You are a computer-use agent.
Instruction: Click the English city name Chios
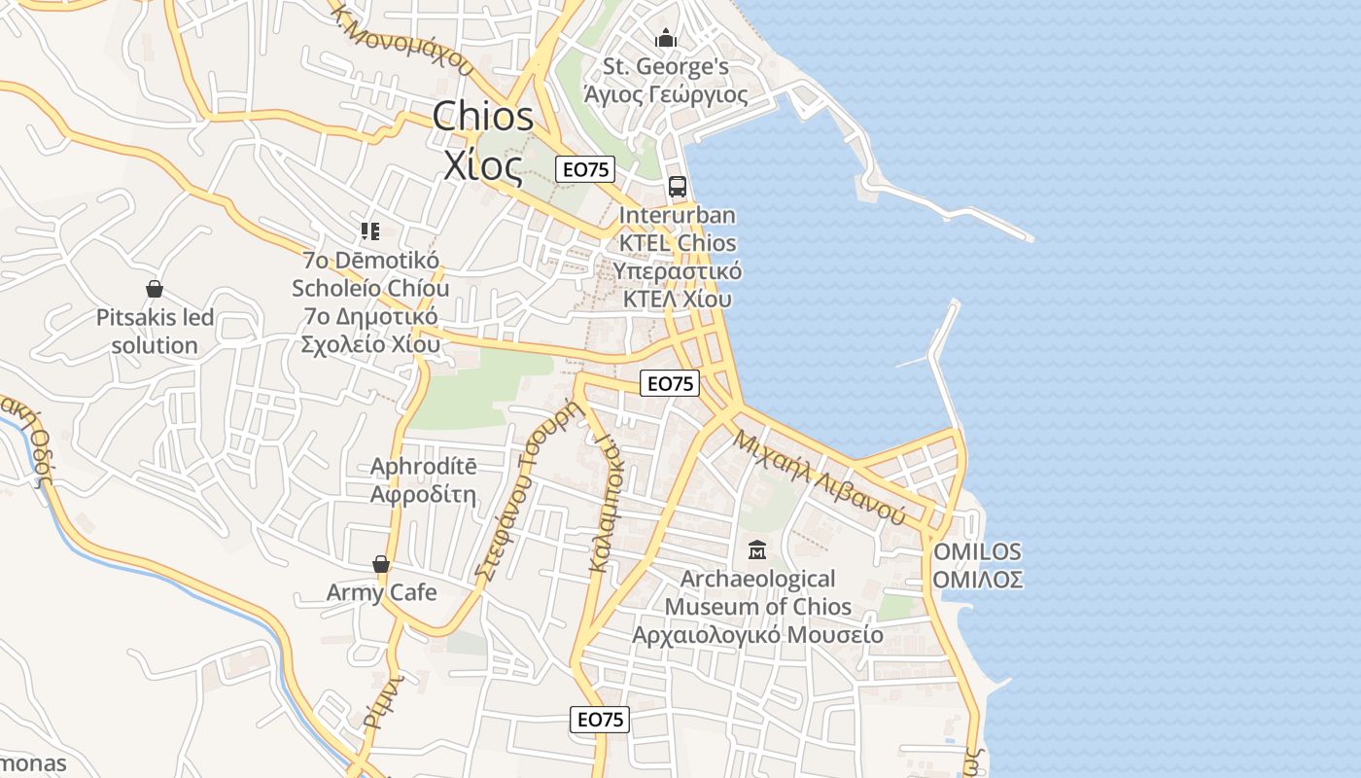[483, 117]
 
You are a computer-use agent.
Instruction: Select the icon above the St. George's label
[666, 39]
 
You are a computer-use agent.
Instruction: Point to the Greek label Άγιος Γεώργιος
[666, 94]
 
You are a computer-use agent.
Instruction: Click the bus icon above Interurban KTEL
[678, 187]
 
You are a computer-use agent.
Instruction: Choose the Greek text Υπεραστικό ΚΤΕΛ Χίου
[678, 285]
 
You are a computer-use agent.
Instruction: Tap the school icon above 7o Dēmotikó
[370, 231]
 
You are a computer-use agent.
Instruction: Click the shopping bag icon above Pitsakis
[154, 289]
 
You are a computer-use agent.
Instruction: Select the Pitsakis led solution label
[155, 332]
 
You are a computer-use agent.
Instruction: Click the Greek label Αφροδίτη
[424, 494]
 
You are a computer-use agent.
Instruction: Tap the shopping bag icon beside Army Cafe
[381, 565]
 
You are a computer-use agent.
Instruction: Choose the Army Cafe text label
[382, 592]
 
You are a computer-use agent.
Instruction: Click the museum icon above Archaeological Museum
[757, 551]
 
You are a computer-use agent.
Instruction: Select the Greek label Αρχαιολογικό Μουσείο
[758, 635]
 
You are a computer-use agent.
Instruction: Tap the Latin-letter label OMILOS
[977, 552]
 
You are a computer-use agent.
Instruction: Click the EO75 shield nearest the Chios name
[586, 169]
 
